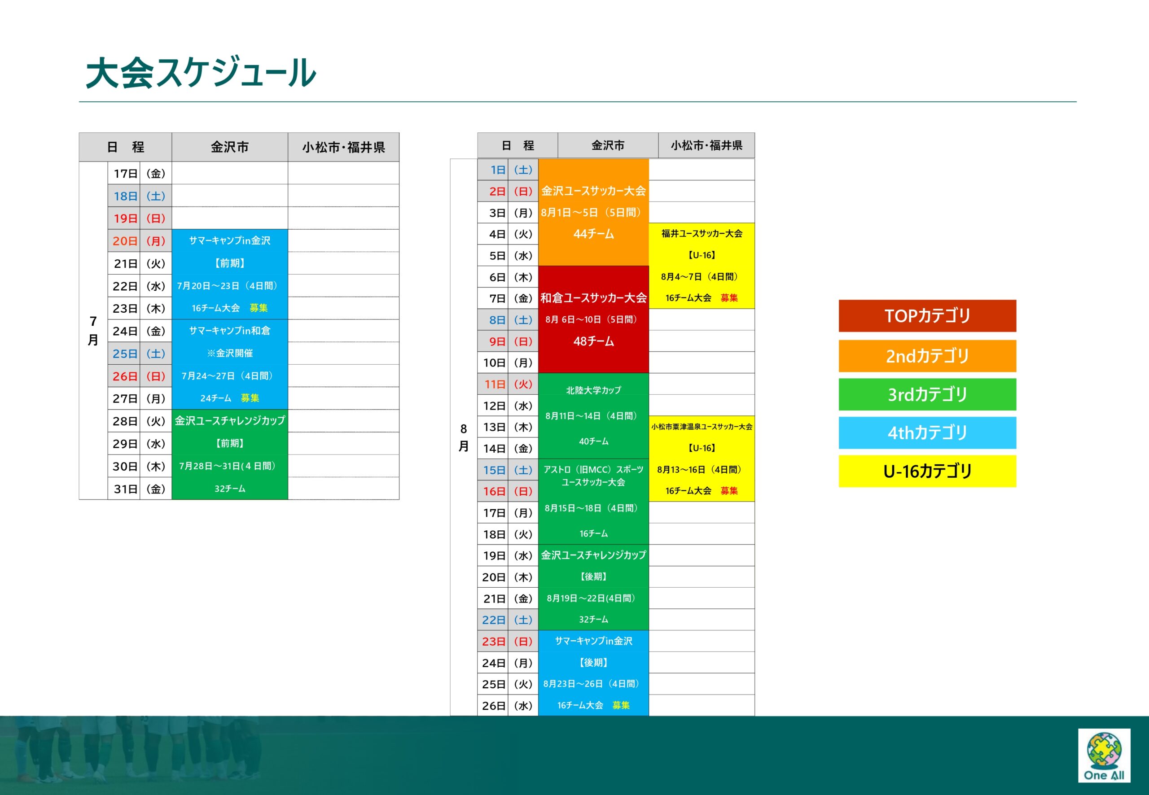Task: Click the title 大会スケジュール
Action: pos(201,73)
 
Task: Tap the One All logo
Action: pos(1104,755)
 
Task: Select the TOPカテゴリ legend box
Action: pos(927,316)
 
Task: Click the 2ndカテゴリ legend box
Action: pos(927,356)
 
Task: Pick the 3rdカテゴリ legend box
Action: pos(927,394)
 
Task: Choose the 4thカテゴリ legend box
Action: pos(927,433)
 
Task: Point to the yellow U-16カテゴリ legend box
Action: pos(927,471)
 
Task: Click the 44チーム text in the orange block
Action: pos(593,234)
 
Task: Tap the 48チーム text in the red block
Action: pos(593,341)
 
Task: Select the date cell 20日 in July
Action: pos(125,241)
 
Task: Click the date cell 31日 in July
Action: pos(125,489)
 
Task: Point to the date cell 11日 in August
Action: pos(493,384)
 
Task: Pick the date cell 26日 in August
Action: pos(493,706)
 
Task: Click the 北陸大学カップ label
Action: pos(593,390)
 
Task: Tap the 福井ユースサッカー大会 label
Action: pos(702,234)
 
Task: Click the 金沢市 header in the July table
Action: pos(230,147)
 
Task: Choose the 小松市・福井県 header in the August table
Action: pos(706,145)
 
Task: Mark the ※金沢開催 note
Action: pos(230,353)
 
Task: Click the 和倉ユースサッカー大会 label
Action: pos(593,298)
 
